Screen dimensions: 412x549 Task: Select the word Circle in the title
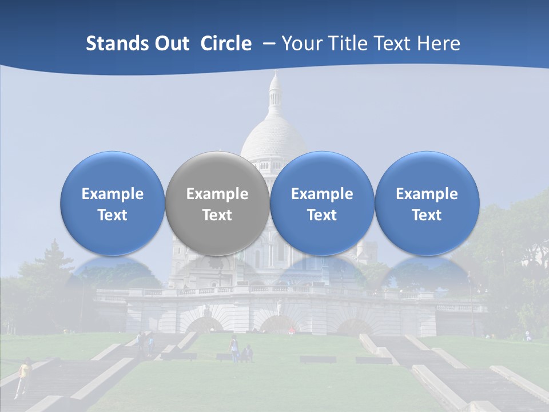pos(225,43)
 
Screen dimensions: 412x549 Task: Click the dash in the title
pos(268,43)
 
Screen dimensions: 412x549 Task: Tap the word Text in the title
pos(396,43)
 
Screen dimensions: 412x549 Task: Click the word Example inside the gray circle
pos(217,194)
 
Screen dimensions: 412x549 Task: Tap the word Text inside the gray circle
pos(217,215)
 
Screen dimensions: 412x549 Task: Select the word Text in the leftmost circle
pos(113,215)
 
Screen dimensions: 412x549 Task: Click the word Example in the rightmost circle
pos(427,194)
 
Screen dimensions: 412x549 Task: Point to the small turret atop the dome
pos(275,92)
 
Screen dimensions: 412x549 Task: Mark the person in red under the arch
pos(292,330)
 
